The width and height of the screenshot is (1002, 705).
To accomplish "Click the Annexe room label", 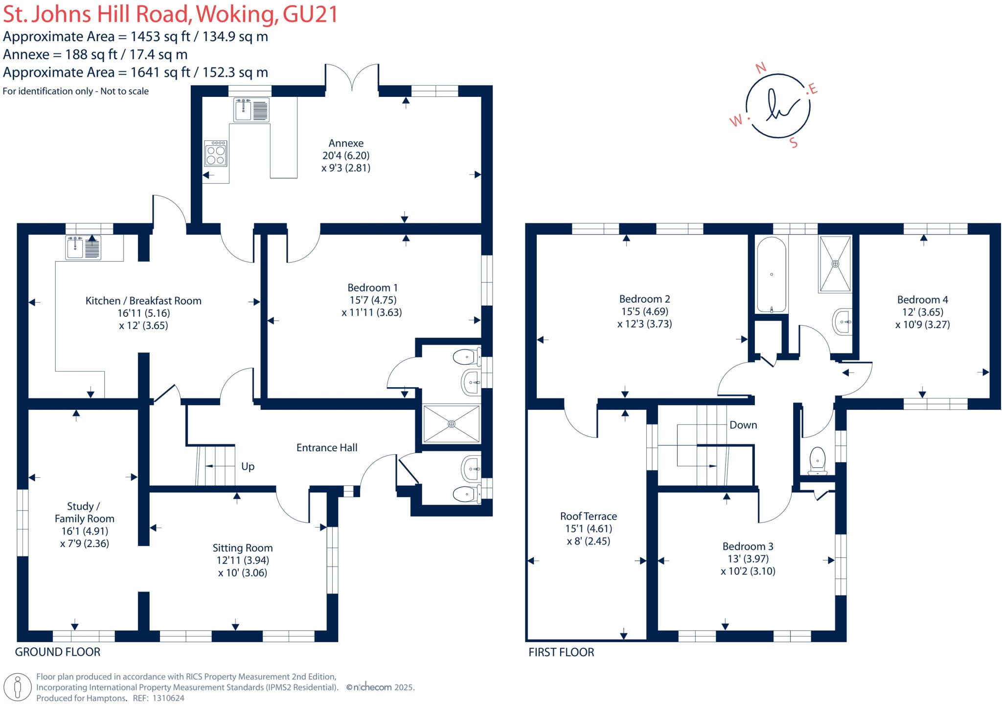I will pos(346,143).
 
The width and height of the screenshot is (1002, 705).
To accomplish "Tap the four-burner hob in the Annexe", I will pos(215,154).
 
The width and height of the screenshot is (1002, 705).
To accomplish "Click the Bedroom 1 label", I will pos(372,287).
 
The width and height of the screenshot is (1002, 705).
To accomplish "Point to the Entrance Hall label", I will pos(327,447).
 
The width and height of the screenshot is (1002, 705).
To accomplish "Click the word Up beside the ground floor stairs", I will pos(248,466).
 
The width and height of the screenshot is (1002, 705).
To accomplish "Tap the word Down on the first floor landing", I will pos(743,425).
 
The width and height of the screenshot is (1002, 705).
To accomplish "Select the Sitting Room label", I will pos(242,548).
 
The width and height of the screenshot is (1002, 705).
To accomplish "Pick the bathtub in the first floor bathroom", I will pos(772,275).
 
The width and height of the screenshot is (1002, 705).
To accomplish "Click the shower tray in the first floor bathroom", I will pos(835,264).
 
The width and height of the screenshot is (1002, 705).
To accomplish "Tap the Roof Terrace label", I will pos(588,516).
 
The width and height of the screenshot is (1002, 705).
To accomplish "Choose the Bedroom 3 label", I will pos(748,546).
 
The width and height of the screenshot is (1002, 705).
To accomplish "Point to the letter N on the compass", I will pos(761,68).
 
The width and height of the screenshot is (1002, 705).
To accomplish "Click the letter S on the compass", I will pos(794,143).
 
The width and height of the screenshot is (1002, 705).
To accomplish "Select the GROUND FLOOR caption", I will pos(58,652).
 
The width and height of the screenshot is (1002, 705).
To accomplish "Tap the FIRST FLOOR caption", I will pos(561,652).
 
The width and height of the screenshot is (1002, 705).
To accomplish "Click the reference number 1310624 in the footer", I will pos(167,698).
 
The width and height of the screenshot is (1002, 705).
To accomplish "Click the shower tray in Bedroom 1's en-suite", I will pos(451,423).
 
